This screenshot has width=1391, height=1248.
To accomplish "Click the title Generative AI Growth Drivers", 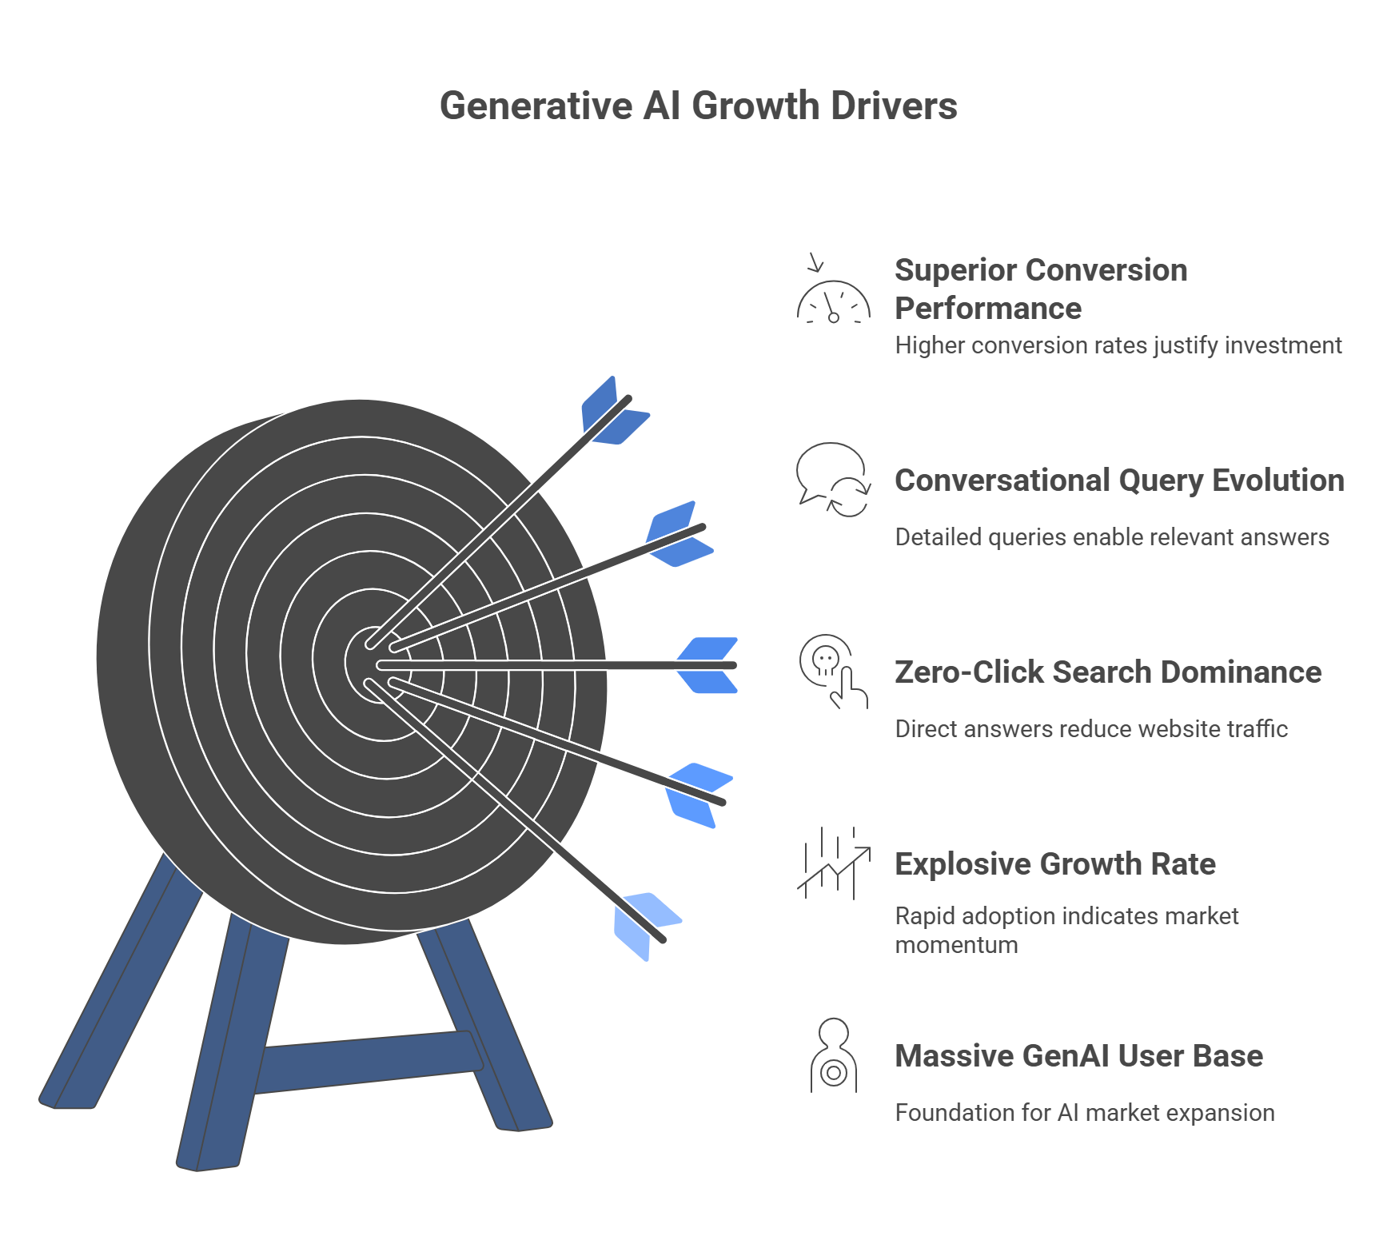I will point(698,106).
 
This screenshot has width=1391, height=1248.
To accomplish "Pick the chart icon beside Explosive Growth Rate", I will point(833,863).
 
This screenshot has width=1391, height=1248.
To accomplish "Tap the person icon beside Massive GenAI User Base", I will point(833,1055).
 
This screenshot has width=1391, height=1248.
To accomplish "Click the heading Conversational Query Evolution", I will point(1118,480).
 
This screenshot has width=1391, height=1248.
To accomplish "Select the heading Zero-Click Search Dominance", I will point(1107,672).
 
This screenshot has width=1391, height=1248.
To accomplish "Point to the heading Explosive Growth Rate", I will point(1054,864).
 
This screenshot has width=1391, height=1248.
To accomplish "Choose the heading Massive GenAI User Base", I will point(1078,1056).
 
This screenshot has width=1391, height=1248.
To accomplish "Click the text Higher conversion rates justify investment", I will point(1118,345).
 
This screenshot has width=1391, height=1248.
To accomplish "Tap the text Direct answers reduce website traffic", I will point(1090,729).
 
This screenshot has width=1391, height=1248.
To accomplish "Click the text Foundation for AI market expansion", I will point(1084,1113).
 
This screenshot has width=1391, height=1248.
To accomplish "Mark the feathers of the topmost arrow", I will point(614,411).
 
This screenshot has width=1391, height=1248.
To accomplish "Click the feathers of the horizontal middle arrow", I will point(707,665).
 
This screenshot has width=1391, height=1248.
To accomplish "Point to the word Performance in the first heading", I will point(987,309).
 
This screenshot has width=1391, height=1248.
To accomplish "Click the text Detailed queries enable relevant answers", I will point(1111,537).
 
